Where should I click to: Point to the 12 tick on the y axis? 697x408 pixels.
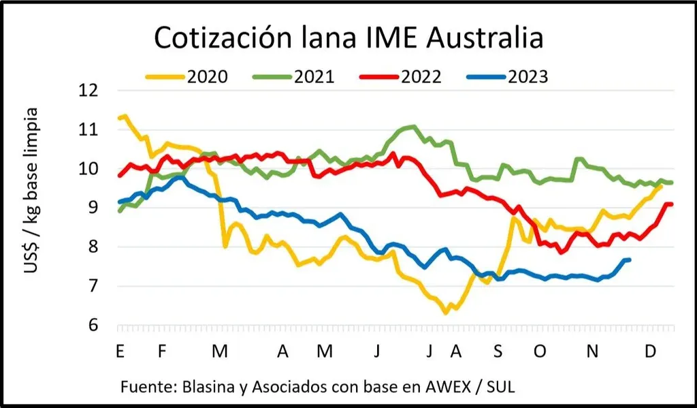coord(89,91)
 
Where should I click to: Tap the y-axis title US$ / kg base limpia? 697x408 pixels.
coord(31,190)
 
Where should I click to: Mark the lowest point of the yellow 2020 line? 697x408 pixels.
coord(446,313)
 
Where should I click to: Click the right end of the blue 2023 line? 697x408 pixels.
coord(629,260)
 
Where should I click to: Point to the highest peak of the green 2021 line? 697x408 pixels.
coord(412,126)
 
